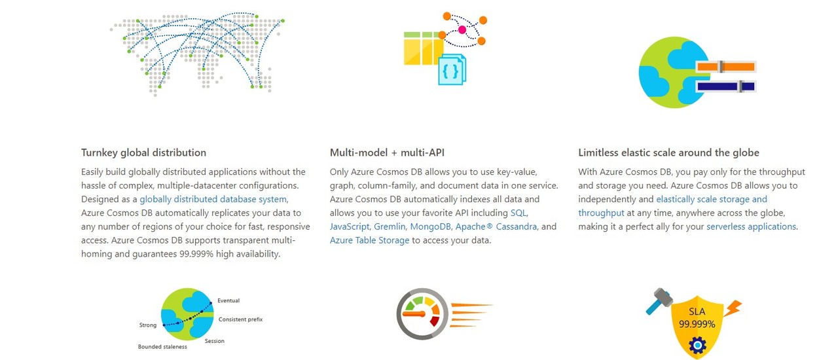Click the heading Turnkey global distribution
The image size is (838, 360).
143,153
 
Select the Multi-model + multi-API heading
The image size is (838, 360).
387,153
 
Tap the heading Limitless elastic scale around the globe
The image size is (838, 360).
668,153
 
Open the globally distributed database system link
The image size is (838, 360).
213,199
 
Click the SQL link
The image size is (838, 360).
519,213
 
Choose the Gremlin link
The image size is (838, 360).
390,226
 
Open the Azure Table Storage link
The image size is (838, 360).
369,240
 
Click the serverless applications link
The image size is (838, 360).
751,226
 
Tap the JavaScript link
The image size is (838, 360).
350,226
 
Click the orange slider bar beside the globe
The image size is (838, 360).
725,67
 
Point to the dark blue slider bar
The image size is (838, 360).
725,86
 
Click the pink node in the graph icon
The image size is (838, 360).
462,29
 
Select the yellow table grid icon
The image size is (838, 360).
423,48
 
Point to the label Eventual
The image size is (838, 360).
228,301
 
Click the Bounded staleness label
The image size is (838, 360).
162,347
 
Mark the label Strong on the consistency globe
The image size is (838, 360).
148,325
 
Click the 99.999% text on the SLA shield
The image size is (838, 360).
697,324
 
